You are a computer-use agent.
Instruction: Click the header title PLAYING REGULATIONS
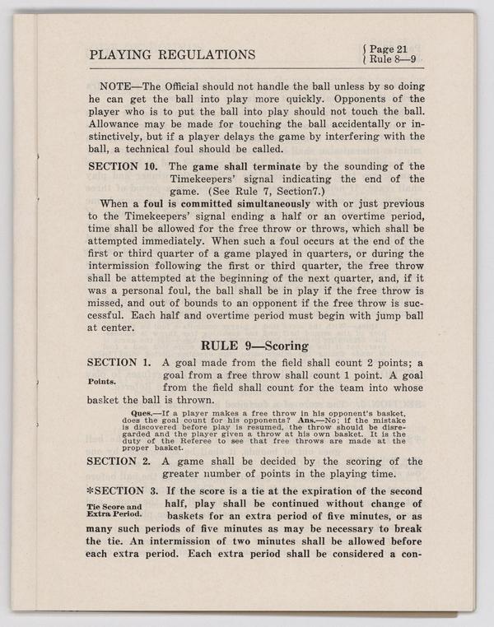171,55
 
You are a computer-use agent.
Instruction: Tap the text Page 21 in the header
389,49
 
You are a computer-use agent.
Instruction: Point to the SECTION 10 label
123,166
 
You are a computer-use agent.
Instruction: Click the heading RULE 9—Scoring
255,346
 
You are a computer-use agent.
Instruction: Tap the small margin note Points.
101,382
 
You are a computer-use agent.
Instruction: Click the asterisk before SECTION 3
91,490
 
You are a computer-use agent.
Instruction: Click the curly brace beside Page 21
365,54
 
